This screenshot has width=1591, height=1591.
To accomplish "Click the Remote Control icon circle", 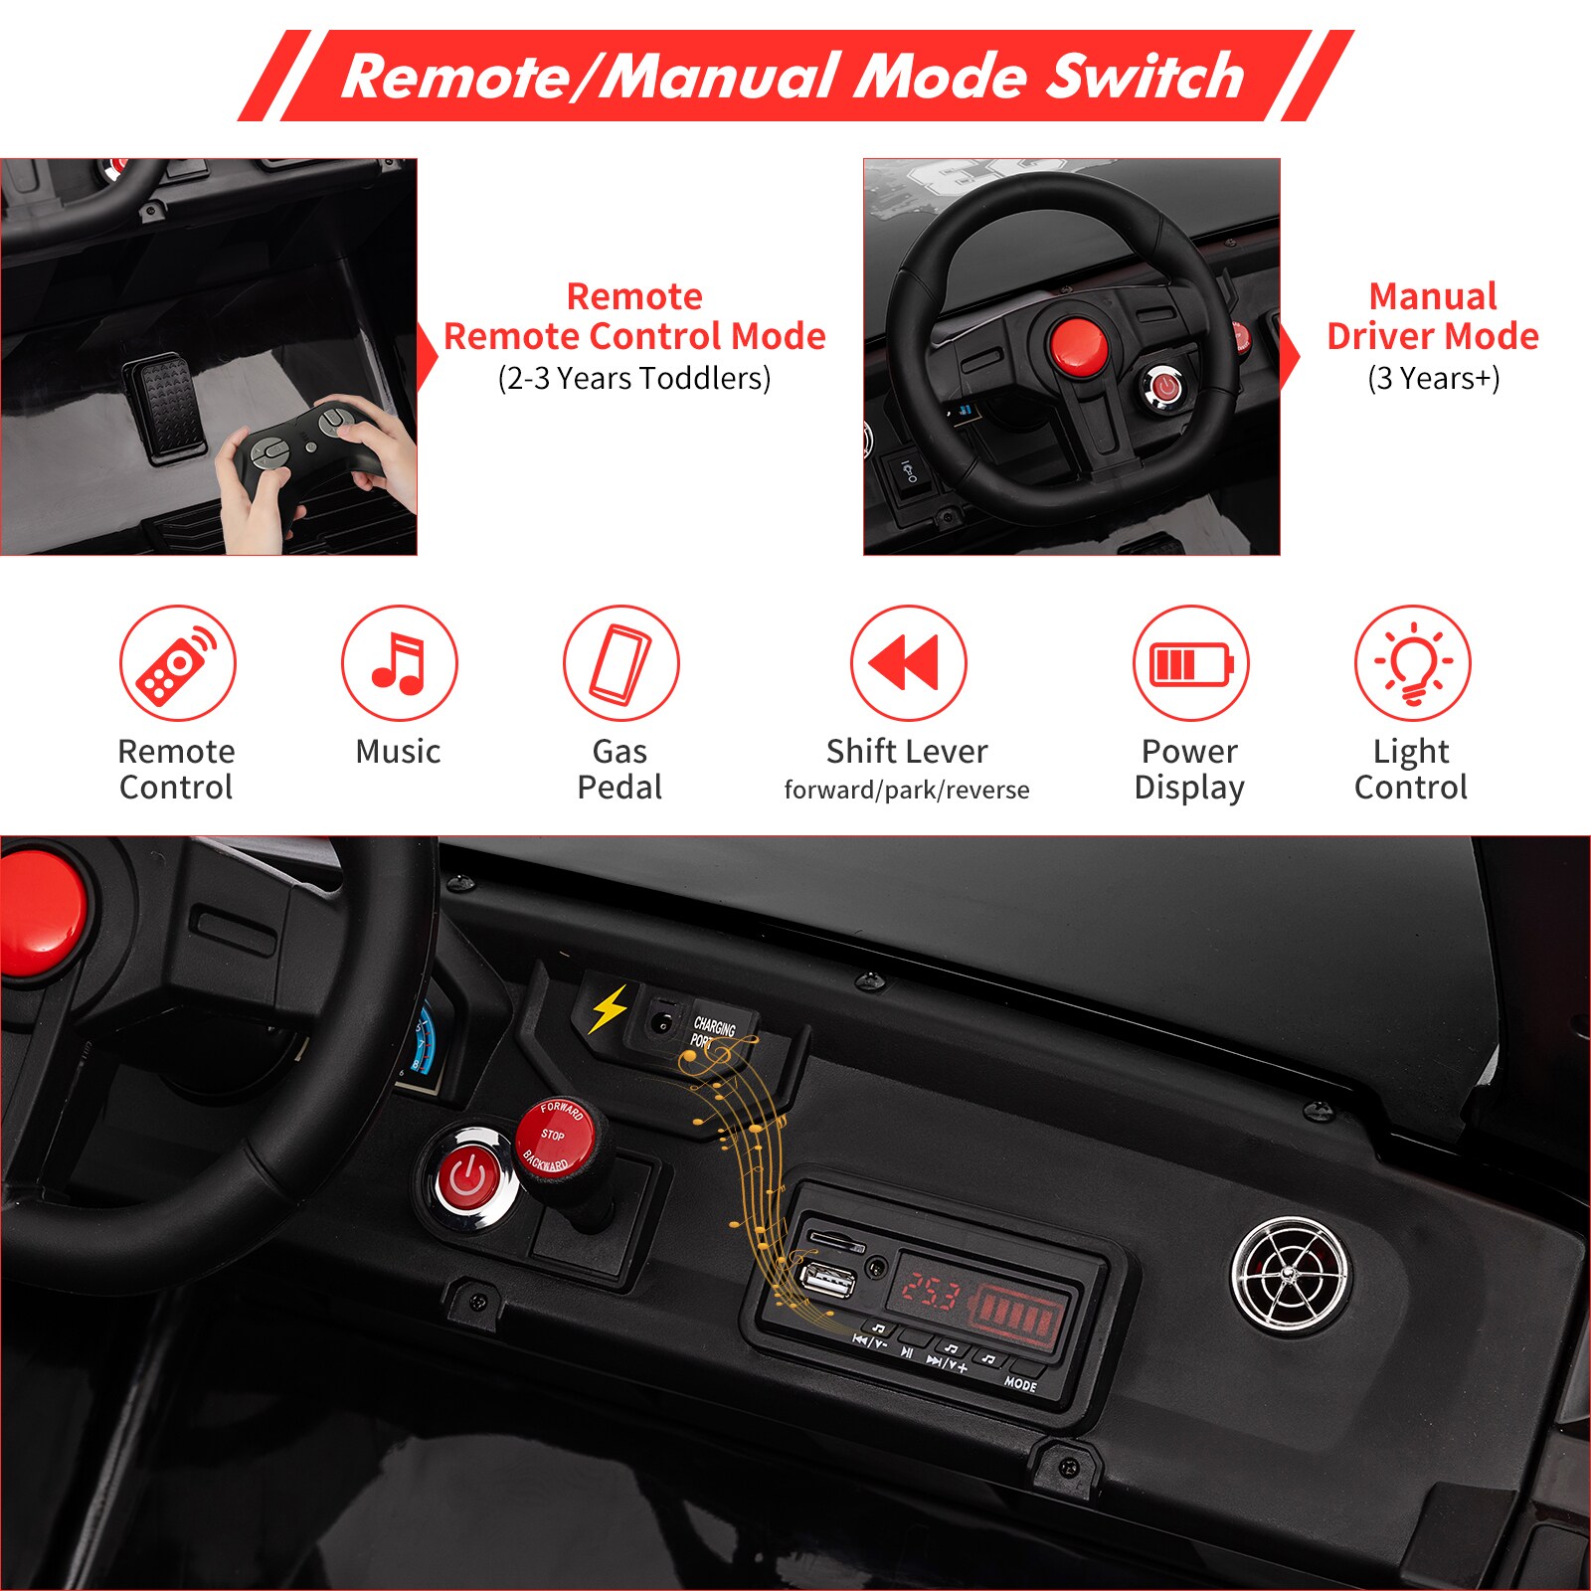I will click(x=178, y=662).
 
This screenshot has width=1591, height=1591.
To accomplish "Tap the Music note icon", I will click(x=399, y=662).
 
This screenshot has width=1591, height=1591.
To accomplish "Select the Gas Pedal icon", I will click(x=620, y=662).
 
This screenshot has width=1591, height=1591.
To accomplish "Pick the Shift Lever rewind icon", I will click(x=908, y=662).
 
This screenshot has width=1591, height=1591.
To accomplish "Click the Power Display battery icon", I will click(x=1190, y=663).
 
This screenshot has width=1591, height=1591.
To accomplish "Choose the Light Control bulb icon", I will click(x=1412, y=662).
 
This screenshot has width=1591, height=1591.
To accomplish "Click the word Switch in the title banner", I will click(x=1144, y=77).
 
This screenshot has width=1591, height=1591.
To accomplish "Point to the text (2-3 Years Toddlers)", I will click(x=634, y=379).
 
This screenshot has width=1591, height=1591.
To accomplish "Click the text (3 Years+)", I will click(x=1433, y=379).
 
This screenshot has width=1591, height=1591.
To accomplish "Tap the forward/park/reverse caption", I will click(x=907, y=791).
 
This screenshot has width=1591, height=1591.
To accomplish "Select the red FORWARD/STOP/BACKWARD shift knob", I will click(x=555, y=1138).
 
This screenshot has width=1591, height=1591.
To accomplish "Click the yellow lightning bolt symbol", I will click(x=609, y=1009).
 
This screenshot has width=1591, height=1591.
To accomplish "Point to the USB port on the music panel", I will click(x=827, y=1280).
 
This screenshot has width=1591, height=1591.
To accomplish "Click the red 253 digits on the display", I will click(x=929, y=1294).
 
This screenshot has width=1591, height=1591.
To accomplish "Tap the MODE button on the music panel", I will click(x=1020, y=1383).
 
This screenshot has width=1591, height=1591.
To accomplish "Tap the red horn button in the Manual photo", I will click(x=1076, y=344).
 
